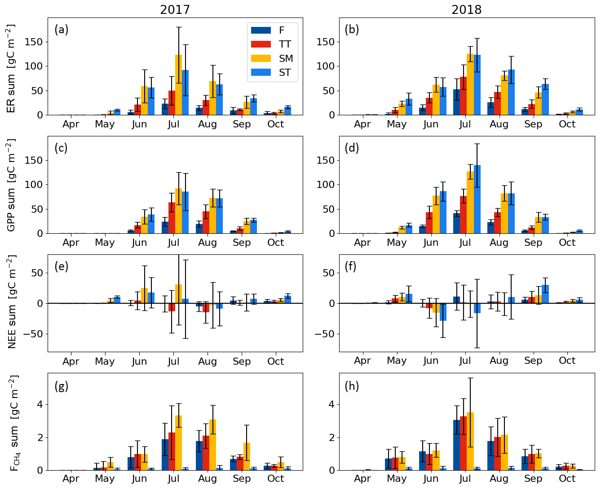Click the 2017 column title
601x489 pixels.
(x=175, y=10)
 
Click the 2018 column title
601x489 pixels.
(x=466, y=10)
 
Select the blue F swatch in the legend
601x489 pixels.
(x=261, y=31)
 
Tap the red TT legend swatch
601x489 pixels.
(x=261, y=44)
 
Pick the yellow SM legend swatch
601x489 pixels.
(x=261, y=58)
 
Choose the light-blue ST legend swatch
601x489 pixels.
(x=261, y=72)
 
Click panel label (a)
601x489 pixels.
(x=62, y=30)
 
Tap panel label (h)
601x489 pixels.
(x=352, y=386)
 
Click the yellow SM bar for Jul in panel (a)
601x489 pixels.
(x=178, y=85)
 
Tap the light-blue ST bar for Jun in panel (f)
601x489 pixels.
(x=443, y=312)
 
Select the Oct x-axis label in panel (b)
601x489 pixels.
(x=567, y=124)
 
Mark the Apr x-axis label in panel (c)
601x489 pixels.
(x=71, y=243)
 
